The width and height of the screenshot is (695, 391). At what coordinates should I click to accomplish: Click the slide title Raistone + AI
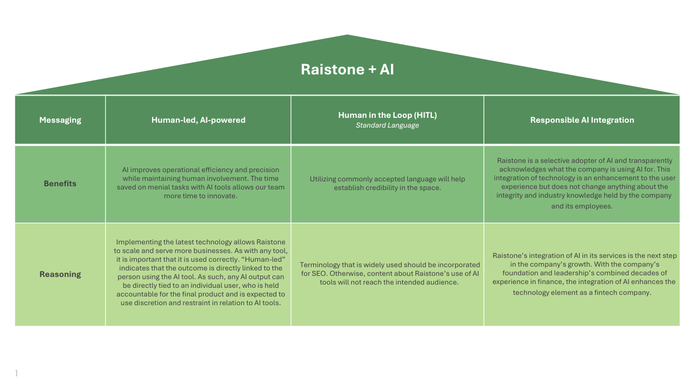coord(347,70)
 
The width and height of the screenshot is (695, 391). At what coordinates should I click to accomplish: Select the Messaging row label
coord(60,120)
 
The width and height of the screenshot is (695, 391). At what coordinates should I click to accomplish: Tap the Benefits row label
coord(60,184)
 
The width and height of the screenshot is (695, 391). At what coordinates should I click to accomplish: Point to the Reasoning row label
coord(60,274)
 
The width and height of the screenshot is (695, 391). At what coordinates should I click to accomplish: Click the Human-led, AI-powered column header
coord(198,120)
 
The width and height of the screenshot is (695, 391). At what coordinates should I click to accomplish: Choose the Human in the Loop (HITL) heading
coord(387,115)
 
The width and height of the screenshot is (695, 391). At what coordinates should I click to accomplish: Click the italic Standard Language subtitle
coord(387,125)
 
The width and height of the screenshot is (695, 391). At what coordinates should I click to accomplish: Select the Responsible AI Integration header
coord(582,120)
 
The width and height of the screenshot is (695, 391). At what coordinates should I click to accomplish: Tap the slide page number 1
coord(16,373)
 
